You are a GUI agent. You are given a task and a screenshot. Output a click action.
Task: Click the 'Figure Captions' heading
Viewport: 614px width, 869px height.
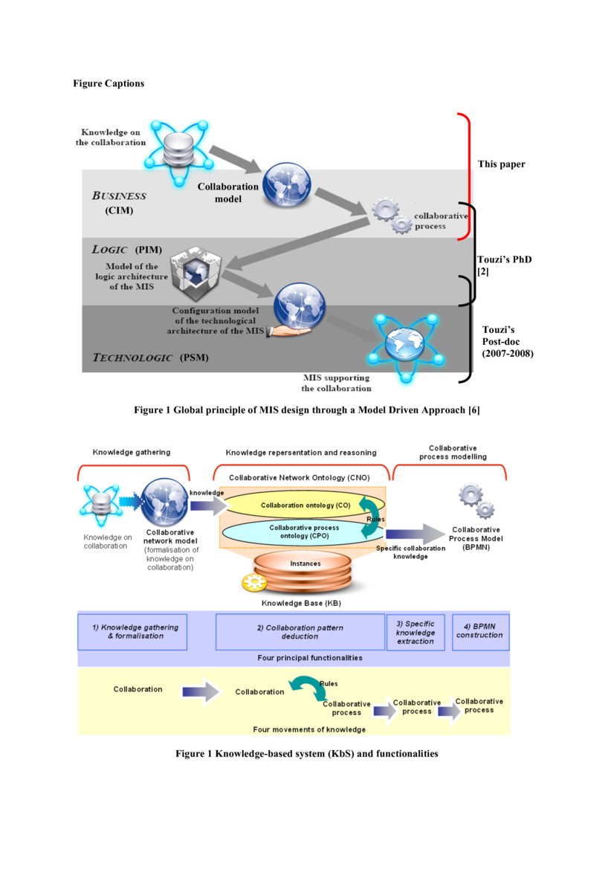[x=109, y=83]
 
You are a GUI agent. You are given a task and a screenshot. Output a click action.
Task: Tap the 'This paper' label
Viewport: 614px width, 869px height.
[x=501, y=164]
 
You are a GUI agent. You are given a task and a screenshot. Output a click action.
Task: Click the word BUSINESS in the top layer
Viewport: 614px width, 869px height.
[x=119, y=196]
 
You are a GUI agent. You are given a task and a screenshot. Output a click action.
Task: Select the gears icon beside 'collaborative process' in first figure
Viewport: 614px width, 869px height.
[x=391, y=216]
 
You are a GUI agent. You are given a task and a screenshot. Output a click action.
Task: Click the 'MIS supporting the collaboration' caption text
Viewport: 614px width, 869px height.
[x=336, y=383]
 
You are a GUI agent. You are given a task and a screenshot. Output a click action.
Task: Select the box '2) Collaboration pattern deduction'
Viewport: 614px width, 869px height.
[x=300, y=632]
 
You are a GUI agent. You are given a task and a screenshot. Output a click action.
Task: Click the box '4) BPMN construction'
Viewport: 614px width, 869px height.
[x=479, y=631]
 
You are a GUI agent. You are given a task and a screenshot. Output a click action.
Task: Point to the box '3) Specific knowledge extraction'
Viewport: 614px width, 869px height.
[x=416, y=632]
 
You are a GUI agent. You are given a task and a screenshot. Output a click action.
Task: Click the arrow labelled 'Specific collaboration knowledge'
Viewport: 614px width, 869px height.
[x=413, y=533]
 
